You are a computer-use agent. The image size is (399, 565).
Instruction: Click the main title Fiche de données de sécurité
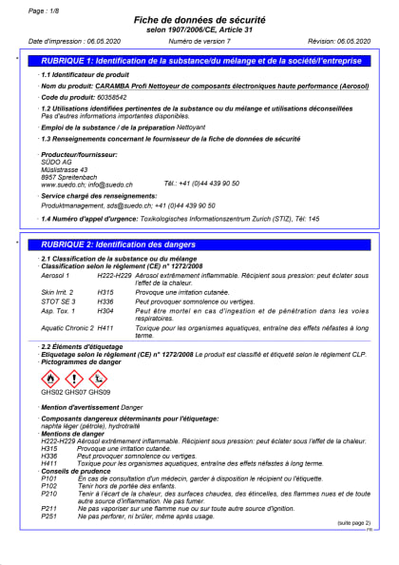(200, 20)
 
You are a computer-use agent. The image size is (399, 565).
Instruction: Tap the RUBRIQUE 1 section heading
(201, 60)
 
